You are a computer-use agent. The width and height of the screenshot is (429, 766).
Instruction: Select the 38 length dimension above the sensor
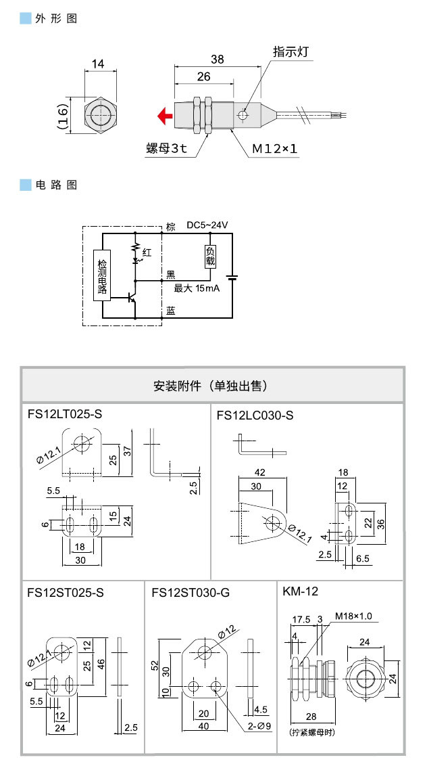pos(217,60)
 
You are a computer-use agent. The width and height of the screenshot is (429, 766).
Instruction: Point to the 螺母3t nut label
pos(166,148)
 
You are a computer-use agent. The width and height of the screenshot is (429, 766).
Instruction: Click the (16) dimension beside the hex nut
pos(62,116)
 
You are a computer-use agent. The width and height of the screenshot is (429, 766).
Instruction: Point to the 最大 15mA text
pos(197,288)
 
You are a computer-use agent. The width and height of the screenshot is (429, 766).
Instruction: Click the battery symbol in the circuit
pos(232,277)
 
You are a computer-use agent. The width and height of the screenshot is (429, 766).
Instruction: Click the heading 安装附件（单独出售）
pos(213,386)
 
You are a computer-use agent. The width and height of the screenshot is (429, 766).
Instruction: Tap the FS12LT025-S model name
pos(64,413)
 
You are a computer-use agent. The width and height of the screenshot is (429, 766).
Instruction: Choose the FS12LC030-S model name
pos(255,415)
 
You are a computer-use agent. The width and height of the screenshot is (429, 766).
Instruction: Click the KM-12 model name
pos(300,591)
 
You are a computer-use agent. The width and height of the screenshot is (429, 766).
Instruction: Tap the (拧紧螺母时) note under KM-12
pos(311,733)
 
